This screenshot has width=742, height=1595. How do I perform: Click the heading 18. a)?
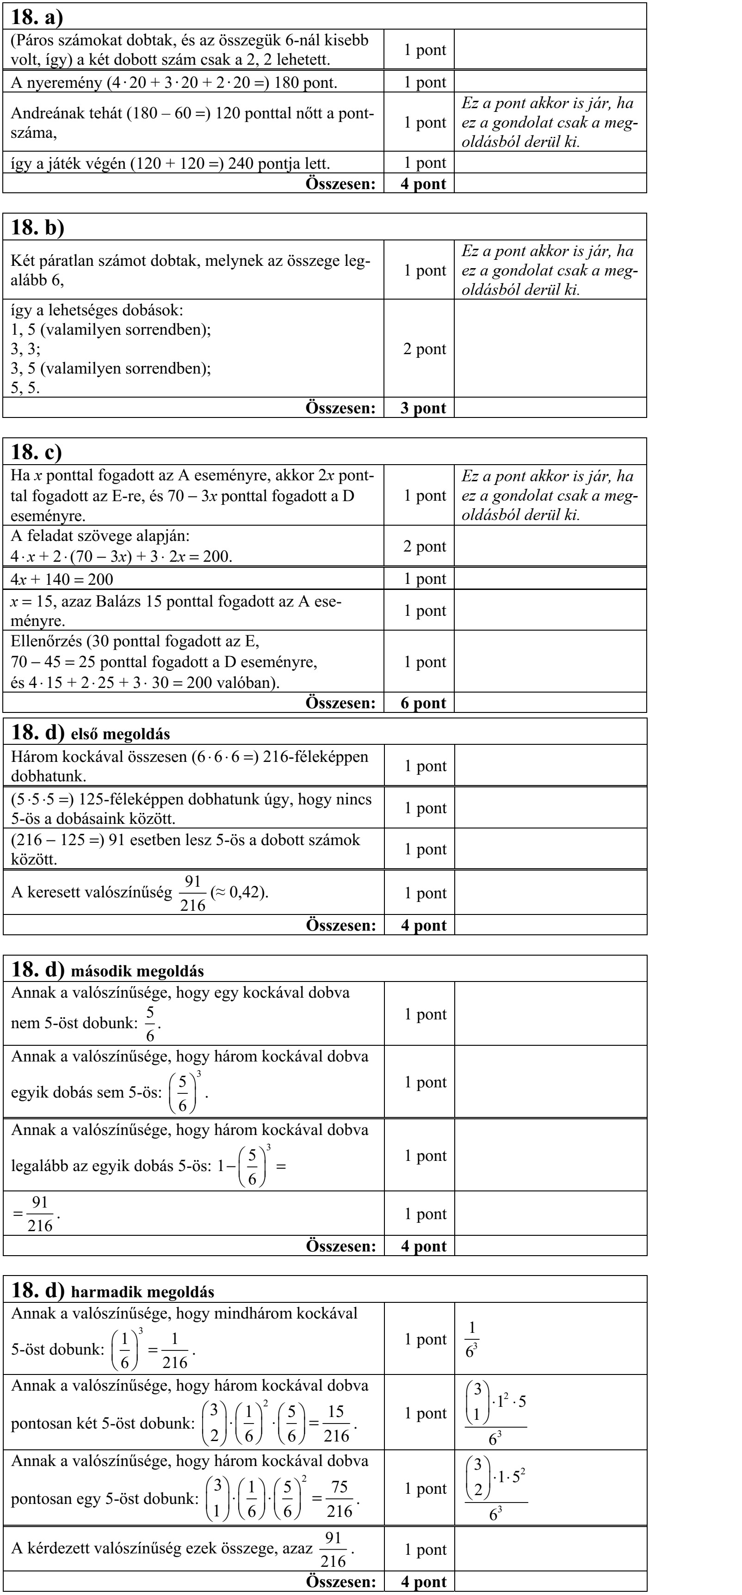pos(37,17)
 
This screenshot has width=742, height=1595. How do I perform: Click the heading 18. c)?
pos(37,452)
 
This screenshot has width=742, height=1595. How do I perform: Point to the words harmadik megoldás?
pos(142,1292)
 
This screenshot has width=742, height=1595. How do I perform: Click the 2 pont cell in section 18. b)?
pos(424,349)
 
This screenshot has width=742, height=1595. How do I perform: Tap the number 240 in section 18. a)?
pos(241,164)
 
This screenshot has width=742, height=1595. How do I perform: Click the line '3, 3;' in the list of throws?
pos(25,349)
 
